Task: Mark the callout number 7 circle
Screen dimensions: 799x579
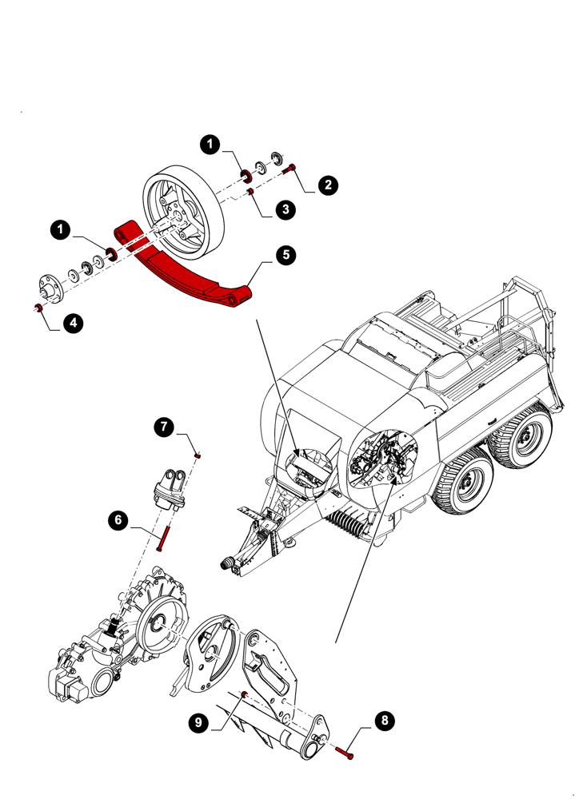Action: click(164, 427)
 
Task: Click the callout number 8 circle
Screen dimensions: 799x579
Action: click(385, 721)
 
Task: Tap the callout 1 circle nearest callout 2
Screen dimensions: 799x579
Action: click(210, 145)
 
